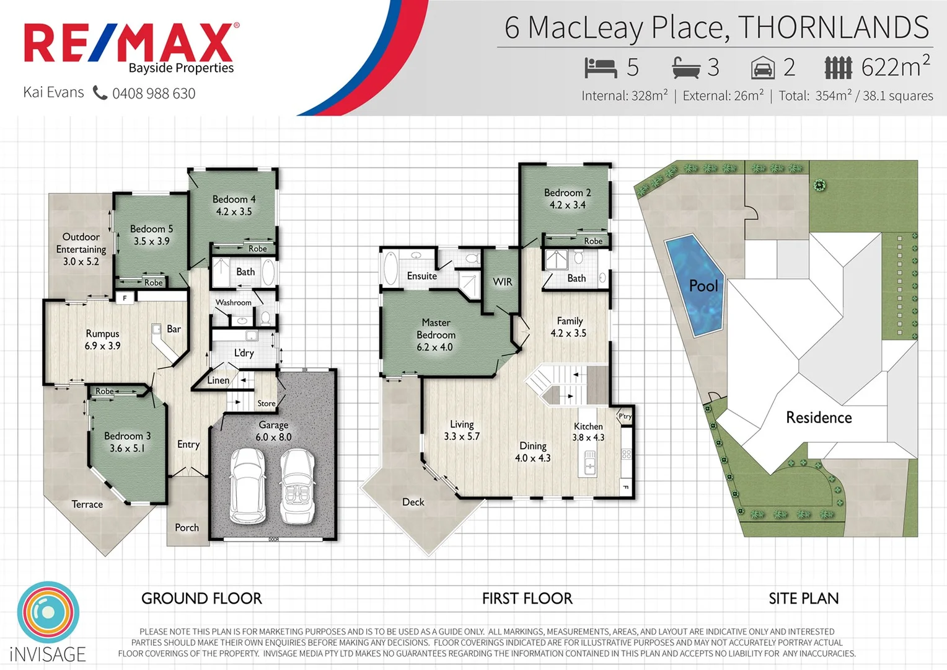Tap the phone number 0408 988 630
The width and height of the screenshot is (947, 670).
coord(154,94)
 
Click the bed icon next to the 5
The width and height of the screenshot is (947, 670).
coord(600,68)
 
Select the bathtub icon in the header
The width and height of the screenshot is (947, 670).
coord(686,68)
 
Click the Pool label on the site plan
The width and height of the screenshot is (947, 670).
coord(703,286)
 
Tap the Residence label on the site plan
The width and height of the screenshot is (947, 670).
coord(818,418)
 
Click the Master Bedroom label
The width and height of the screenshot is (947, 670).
coord(436,335)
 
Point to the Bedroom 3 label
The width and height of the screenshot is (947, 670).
coord(127,442)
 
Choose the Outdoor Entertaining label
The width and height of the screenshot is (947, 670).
coord(81,249)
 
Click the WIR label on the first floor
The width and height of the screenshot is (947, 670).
coord(502,282)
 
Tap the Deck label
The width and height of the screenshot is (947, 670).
coord(413,502)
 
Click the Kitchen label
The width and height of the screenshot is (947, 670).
coord(588,426)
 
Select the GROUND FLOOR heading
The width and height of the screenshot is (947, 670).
coord(201,599)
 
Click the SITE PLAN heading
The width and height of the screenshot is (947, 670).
coord(803,599)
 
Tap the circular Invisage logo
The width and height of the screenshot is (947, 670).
coord(48,612)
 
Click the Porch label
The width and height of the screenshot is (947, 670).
coord(187,527)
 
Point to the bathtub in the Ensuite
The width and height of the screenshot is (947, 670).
coord(391,268)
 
